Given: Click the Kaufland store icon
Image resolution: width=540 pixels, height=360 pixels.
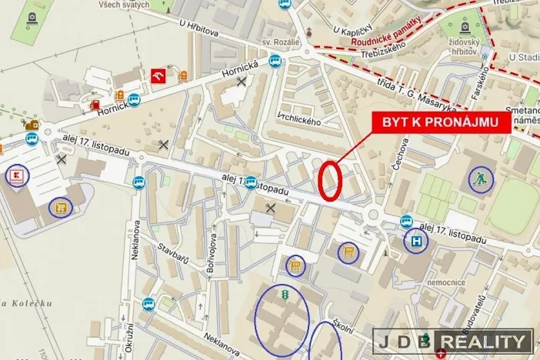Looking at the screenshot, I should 17,176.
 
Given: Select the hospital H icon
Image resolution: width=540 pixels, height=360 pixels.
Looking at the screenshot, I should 416,242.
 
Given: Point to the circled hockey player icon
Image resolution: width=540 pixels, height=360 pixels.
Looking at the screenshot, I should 481,180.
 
